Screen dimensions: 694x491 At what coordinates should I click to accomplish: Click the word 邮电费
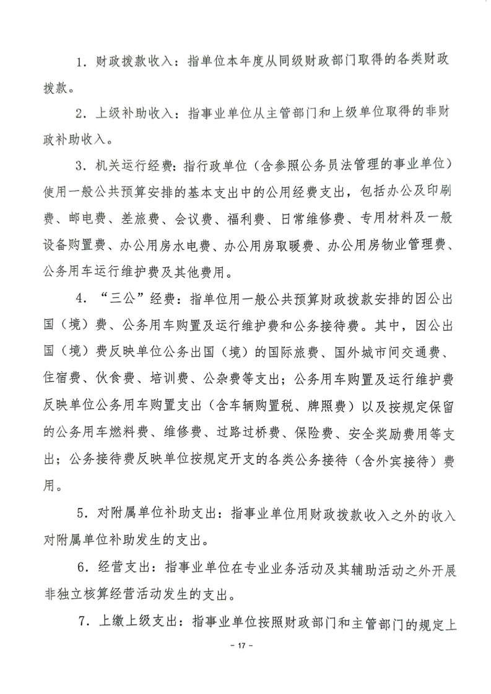84,218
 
